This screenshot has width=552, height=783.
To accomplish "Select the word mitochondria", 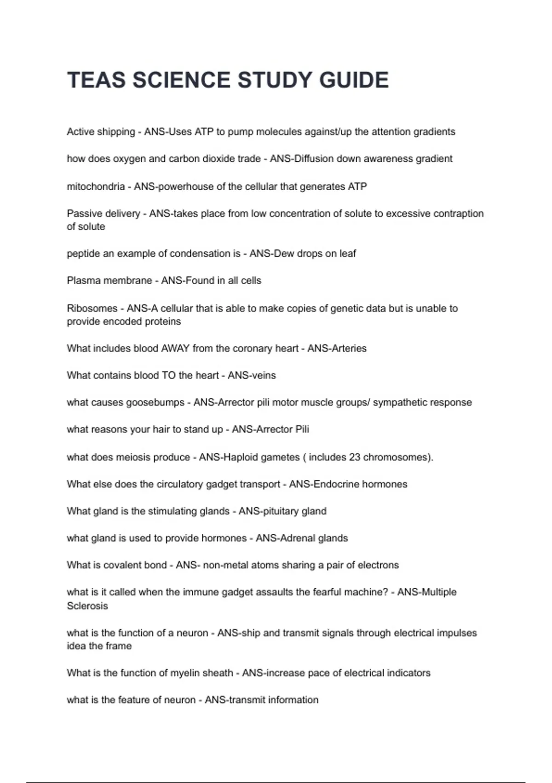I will (96, 187).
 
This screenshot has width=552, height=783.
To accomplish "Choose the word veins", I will (264, 375).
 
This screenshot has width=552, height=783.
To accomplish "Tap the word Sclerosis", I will (87, 606).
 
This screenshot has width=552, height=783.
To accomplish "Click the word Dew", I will (284, 253).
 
